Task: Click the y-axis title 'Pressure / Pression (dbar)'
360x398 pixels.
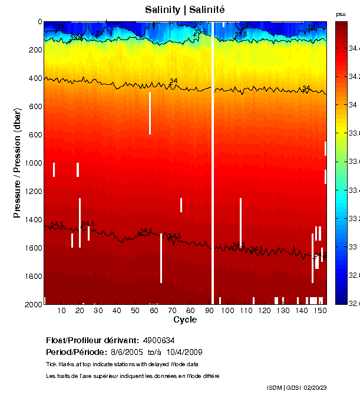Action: coord(18,163)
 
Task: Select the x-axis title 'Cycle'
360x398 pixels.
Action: coord(184,320)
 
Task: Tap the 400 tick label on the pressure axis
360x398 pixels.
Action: coord(35,78)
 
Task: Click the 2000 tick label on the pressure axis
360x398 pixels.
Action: coord(33,304)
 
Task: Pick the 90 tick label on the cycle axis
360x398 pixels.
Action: coord(209,310)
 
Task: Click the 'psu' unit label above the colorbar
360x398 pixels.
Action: coord(341,14)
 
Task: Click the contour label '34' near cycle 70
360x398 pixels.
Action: coord(174,81)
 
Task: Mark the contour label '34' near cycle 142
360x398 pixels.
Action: coord(306,88)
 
